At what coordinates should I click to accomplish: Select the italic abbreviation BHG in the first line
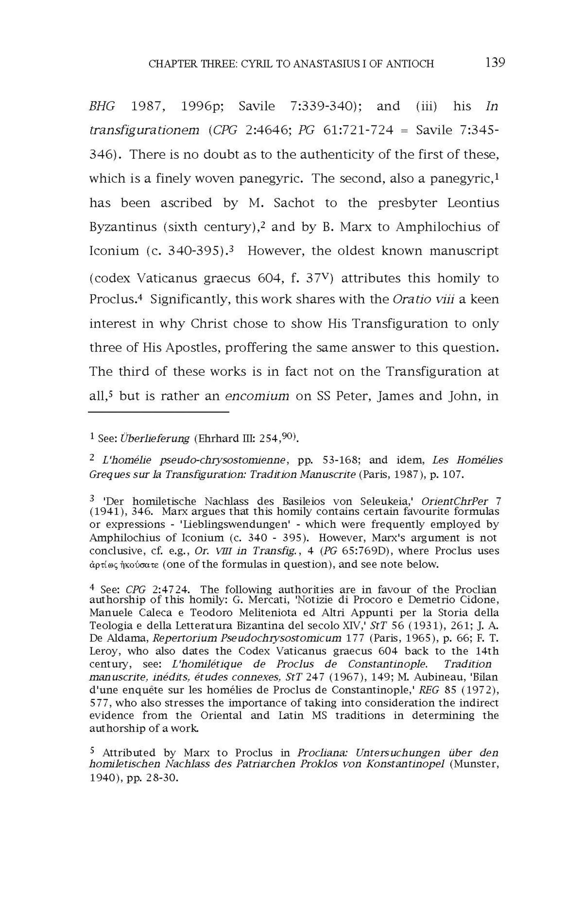(x=102, y=106)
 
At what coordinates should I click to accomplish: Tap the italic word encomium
(x=257, y=396)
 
